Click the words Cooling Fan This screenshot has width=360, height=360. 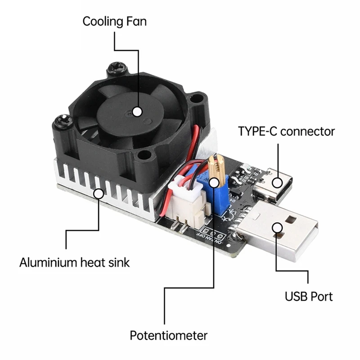[114, 21]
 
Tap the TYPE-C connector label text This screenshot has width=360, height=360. [286, 131]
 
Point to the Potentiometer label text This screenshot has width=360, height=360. [168, 335]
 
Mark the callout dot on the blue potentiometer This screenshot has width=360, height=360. [214, 182]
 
